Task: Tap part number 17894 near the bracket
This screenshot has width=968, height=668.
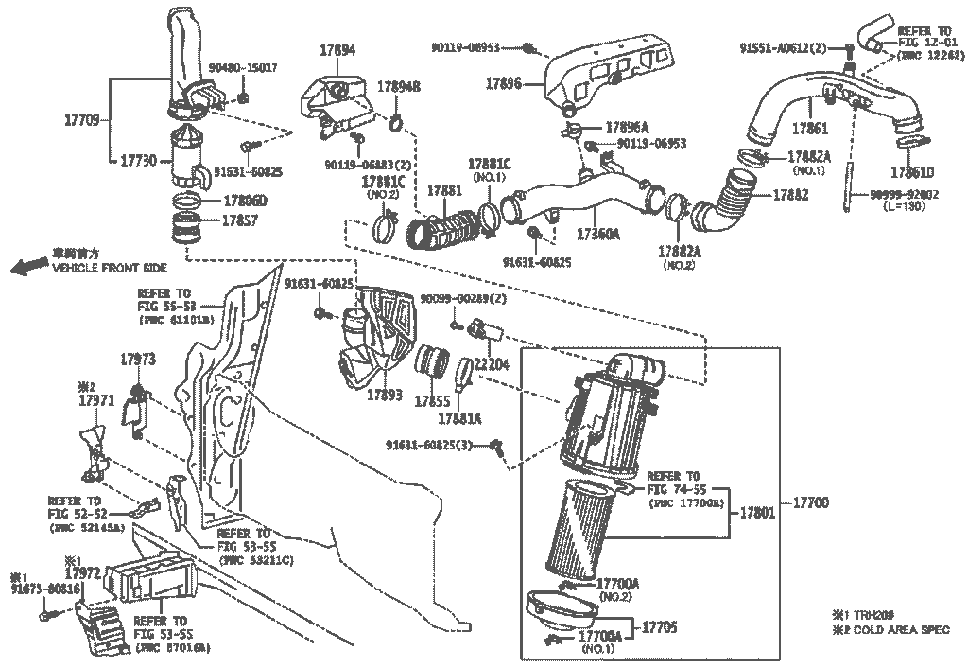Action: [x=337, y=51]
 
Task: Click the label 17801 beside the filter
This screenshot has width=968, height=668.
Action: [x=755, y=514]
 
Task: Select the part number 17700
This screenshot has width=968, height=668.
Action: [x=809, y=503]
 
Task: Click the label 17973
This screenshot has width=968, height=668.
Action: [x=137, y=360]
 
